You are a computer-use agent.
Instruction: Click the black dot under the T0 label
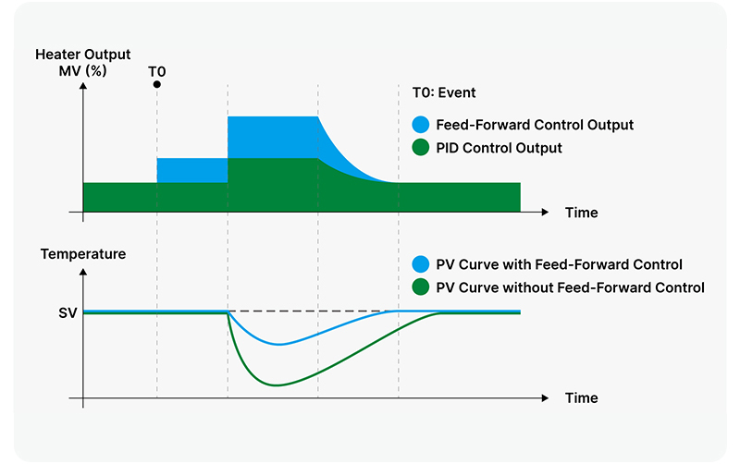pos(157,84)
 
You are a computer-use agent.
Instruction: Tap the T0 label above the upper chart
pos(157,69)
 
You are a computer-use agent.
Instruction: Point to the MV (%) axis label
pos(83,69)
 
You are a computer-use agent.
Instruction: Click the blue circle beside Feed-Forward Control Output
pos(421,125)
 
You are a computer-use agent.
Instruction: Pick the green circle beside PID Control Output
pos(421,148)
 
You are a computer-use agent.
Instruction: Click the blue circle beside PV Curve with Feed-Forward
pos(421,264)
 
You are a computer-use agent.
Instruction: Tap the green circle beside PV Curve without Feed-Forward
pos(421,287)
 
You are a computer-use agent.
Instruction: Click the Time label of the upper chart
pos(581,213)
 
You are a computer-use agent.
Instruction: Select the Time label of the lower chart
pos(581,398)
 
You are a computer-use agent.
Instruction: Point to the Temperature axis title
pos(83,253)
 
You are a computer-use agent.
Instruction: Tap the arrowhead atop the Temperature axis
pos(83,271)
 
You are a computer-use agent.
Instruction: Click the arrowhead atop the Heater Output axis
pos(83,86)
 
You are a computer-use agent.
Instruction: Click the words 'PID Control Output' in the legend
pos(499,148)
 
